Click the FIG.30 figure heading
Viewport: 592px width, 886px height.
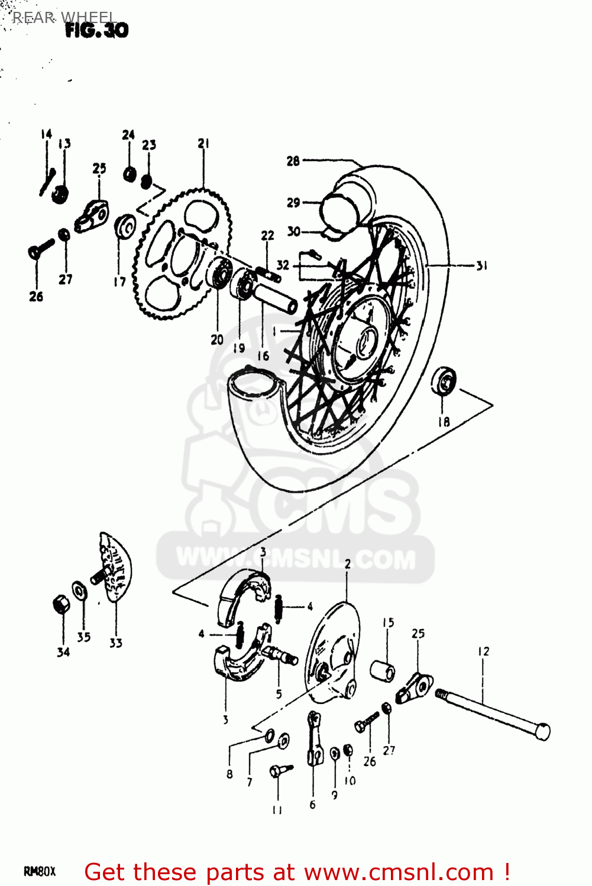click(x=96, y=30)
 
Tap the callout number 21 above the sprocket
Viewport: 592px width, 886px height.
click(x=203, y=143)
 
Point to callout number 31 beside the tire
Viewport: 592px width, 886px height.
click(x=482, y=266)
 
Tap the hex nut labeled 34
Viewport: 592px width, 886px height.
click(x=61, y=604)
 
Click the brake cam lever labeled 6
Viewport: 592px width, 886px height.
click(x=313, y=738)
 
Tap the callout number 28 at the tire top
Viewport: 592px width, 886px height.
click(x=293, y=161)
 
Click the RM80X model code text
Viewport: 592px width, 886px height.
click(x=40, y=872)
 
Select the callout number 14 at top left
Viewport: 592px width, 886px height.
click(x=46, y=134)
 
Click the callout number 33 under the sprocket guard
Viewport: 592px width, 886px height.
click(x=116, y=643)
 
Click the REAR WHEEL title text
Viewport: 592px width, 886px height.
click(x=64, y=17)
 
